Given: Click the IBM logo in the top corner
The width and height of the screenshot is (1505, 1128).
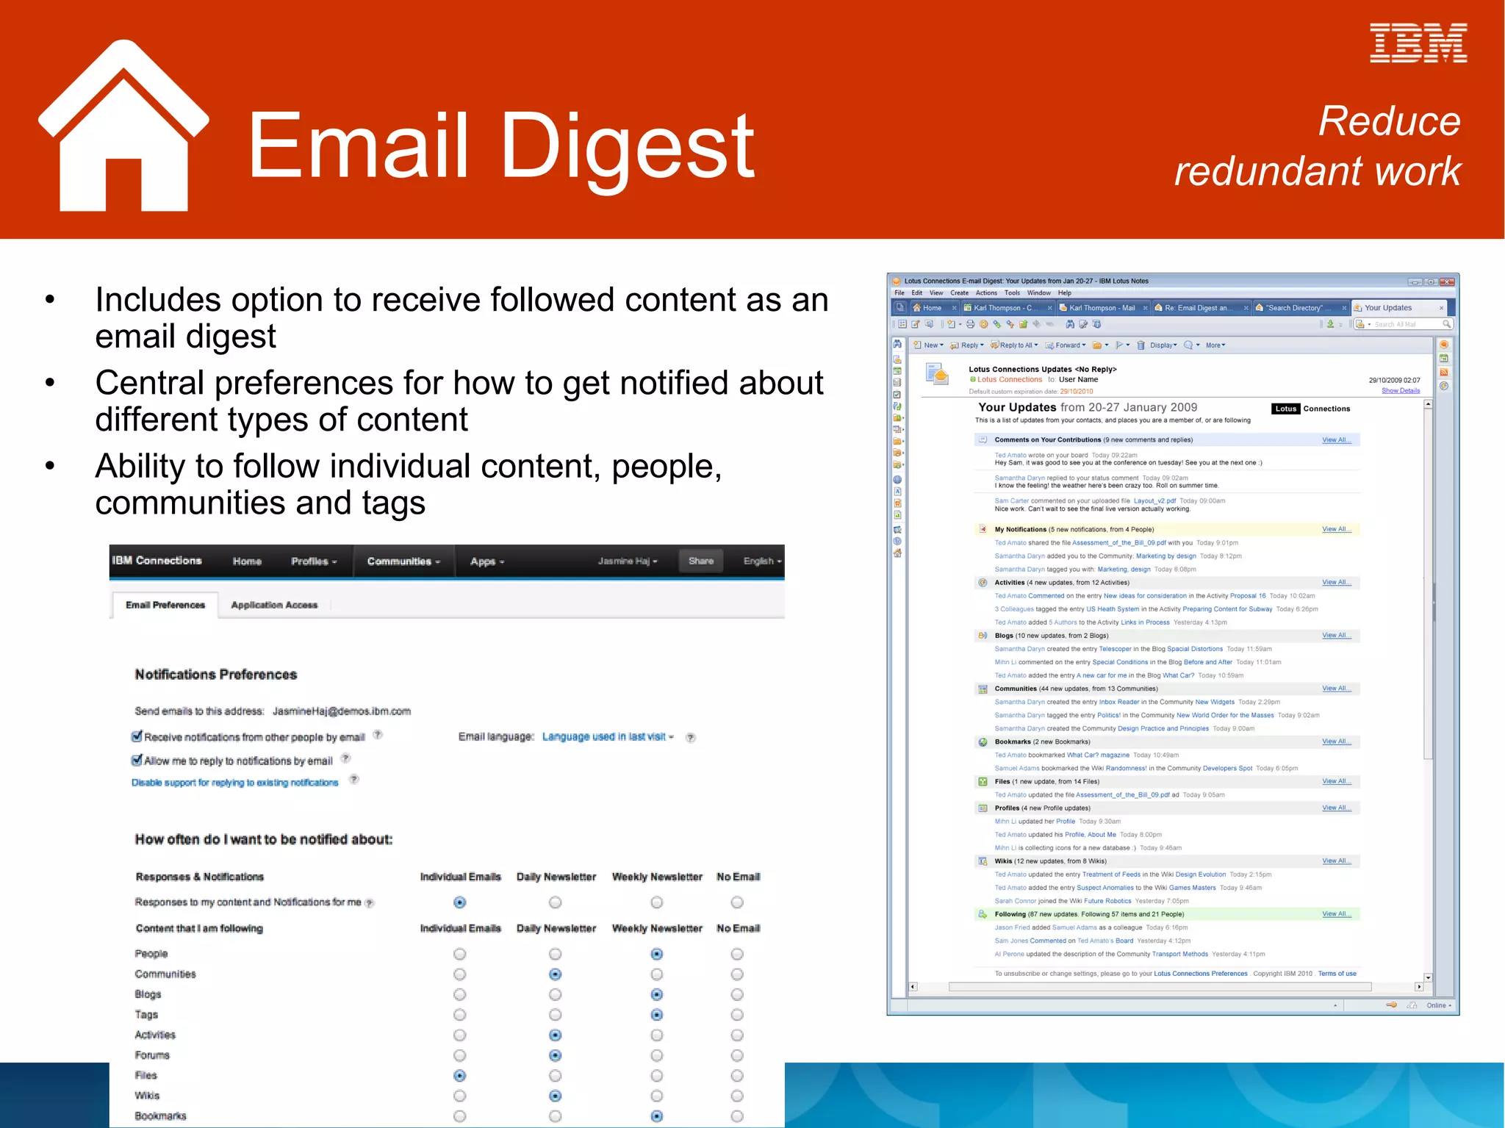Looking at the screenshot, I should (x=1418, y=43).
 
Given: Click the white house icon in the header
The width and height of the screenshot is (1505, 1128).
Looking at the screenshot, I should (x=123, y=129).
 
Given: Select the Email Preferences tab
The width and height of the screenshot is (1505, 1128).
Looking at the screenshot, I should (x=165, y=605).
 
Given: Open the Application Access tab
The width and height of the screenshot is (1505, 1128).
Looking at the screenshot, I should (x=274, y=605).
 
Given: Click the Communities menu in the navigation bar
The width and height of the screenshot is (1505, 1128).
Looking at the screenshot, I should (x=403, y=561).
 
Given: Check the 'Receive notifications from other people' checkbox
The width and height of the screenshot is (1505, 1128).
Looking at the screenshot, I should (x=137, y=736).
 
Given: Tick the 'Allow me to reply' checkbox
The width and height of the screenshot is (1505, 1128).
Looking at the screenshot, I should (x=137, y=760).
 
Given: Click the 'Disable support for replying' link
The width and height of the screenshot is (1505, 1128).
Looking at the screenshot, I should (x=235, y=783).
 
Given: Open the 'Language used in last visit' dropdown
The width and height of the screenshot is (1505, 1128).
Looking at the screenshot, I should (x=608, y=736).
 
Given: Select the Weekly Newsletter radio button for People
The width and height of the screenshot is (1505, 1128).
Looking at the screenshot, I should (x=657, y=954).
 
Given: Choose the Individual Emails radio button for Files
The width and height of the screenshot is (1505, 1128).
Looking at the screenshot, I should (x=460, y=1076).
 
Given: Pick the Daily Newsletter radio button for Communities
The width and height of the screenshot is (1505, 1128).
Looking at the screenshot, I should (x=556, y=974).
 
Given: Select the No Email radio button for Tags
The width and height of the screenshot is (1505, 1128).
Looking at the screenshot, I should (x=737, y=1015).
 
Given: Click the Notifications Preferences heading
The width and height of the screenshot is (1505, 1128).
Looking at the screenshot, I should (x=216, y=675).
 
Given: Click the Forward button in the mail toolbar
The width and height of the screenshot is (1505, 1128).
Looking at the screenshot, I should (x=1066, y=345).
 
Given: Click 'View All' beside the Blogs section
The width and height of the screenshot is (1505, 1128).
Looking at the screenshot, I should (x=1335, y=636).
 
